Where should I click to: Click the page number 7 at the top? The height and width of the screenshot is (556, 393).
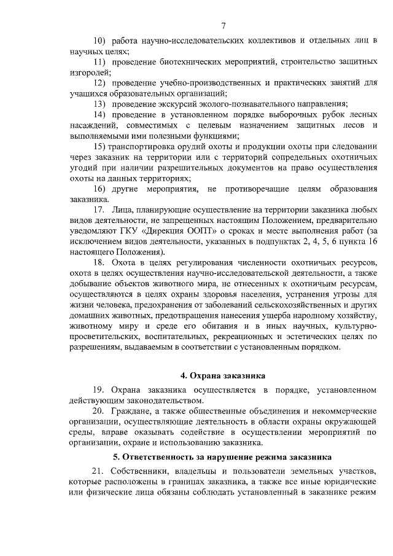(x=224, y=25)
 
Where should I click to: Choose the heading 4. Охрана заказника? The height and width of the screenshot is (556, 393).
(x=223, y=375)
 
